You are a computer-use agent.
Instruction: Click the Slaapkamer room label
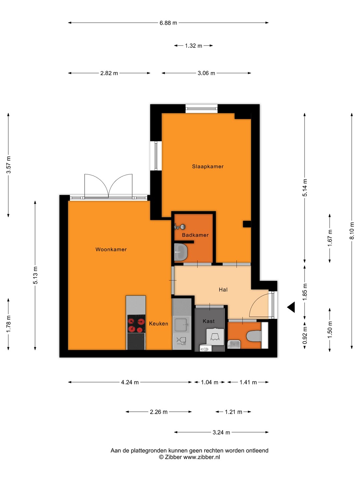[208, 166]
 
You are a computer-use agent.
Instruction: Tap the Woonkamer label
[111, 249]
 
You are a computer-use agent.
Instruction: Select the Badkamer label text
[195, 235]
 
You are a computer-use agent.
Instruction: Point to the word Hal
[223, 290]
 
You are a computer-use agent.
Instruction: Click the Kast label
[209, 321]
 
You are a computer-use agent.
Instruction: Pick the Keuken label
[158, 324]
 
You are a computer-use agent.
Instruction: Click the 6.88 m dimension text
[168, 23]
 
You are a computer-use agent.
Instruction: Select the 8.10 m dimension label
[352, 231]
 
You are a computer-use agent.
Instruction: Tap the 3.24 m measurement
[221, 432]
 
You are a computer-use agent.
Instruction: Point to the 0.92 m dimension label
[305, 335]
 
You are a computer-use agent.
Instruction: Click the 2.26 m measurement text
[158, 412]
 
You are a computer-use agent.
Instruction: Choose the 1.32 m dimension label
[193, 46]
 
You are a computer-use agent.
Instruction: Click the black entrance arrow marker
[291, 307]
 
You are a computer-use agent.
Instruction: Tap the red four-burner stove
[136, 324]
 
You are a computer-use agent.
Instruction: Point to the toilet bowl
[254, 336]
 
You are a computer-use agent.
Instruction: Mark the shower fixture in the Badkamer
[180, 227]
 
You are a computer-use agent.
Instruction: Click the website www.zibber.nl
[202, 457]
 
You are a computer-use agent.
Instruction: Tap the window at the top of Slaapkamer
[202, 108]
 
